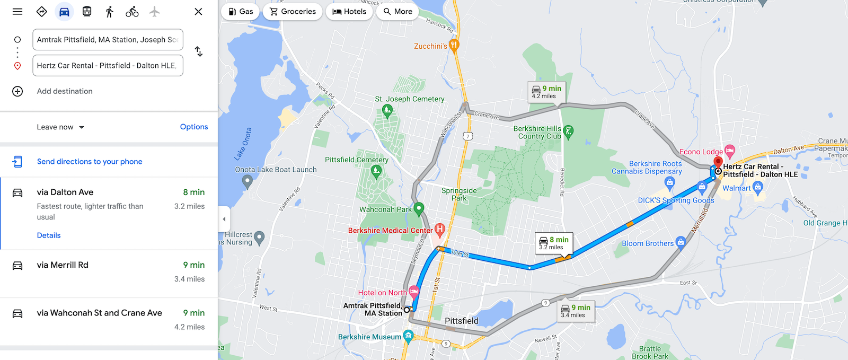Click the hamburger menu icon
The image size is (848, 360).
pos(17,12)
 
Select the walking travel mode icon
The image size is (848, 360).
pos(110,12)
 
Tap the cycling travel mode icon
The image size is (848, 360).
pos(132,12)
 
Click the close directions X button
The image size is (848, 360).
pos(198,12)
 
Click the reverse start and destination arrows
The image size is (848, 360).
pos(199,51)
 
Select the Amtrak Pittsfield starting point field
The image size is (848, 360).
pos(108,40)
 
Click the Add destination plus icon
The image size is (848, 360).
pos(17,91)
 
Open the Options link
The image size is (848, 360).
pos(194,127)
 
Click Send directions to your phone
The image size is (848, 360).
pos(90,162)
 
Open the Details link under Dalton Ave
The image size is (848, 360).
pos(49,235)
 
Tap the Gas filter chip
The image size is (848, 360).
pos(241,12)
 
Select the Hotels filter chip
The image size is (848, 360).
pos(349,12)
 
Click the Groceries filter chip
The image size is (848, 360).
pos(293,12)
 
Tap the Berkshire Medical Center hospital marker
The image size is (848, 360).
pos(439,230)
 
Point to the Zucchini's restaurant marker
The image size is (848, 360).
pos(454,45)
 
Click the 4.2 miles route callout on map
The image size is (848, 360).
pos(546,92)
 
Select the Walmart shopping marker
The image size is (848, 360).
pos(758,187)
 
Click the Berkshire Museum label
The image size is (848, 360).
pos(370,337)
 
